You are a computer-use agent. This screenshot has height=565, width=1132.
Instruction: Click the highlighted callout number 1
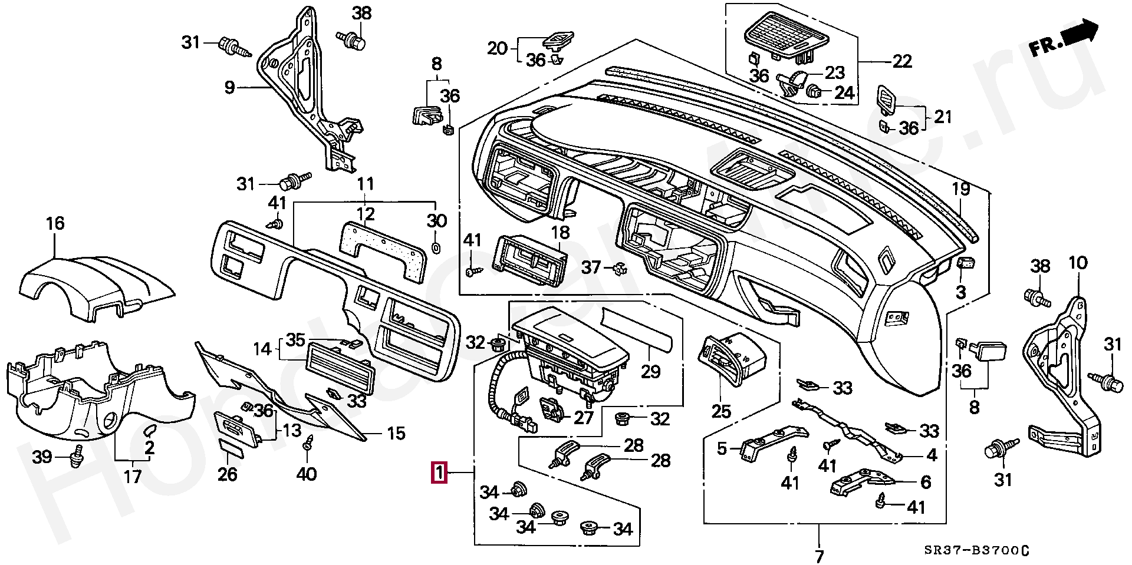[439, 473]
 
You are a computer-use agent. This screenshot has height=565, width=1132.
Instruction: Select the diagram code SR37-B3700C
[976, 551]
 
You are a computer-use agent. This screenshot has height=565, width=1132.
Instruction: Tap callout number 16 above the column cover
[55, 224]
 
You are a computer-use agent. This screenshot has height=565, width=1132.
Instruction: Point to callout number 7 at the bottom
[819, 556]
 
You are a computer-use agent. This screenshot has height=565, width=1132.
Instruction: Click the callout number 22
[902, 61]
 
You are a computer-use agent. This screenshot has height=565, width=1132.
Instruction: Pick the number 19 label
[961, 189]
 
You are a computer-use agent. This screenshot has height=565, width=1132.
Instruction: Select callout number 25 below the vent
[721, 411]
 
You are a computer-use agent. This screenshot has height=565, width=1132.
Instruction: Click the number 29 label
[651, 372]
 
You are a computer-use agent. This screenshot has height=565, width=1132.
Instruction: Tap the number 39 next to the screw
[42, 457]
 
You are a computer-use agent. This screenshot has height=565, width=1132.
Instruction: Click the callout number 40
[306, 474]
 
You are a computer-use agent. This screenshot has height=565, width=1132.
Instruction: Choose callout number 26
[228, 474]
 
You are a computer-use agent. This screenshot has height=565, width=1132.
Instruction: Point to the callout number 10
[1078, 263]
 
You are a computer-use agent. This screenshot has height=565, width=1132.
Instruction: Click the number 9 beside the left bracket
[230, 88]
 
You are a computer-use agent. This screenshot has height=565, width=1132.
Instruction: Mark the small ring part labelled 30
[436, 247]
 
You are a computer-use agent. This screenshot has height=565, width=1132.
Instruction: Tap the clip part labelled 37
[619, 270]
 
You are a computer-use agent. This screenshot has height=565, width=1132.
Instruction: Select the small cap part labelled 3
[965, 263]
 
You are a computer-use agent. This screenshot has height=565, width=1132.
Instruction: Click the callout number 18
[560, 232]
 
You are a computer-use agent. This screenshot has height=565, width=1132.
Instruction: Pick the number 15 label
[396, 434]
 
